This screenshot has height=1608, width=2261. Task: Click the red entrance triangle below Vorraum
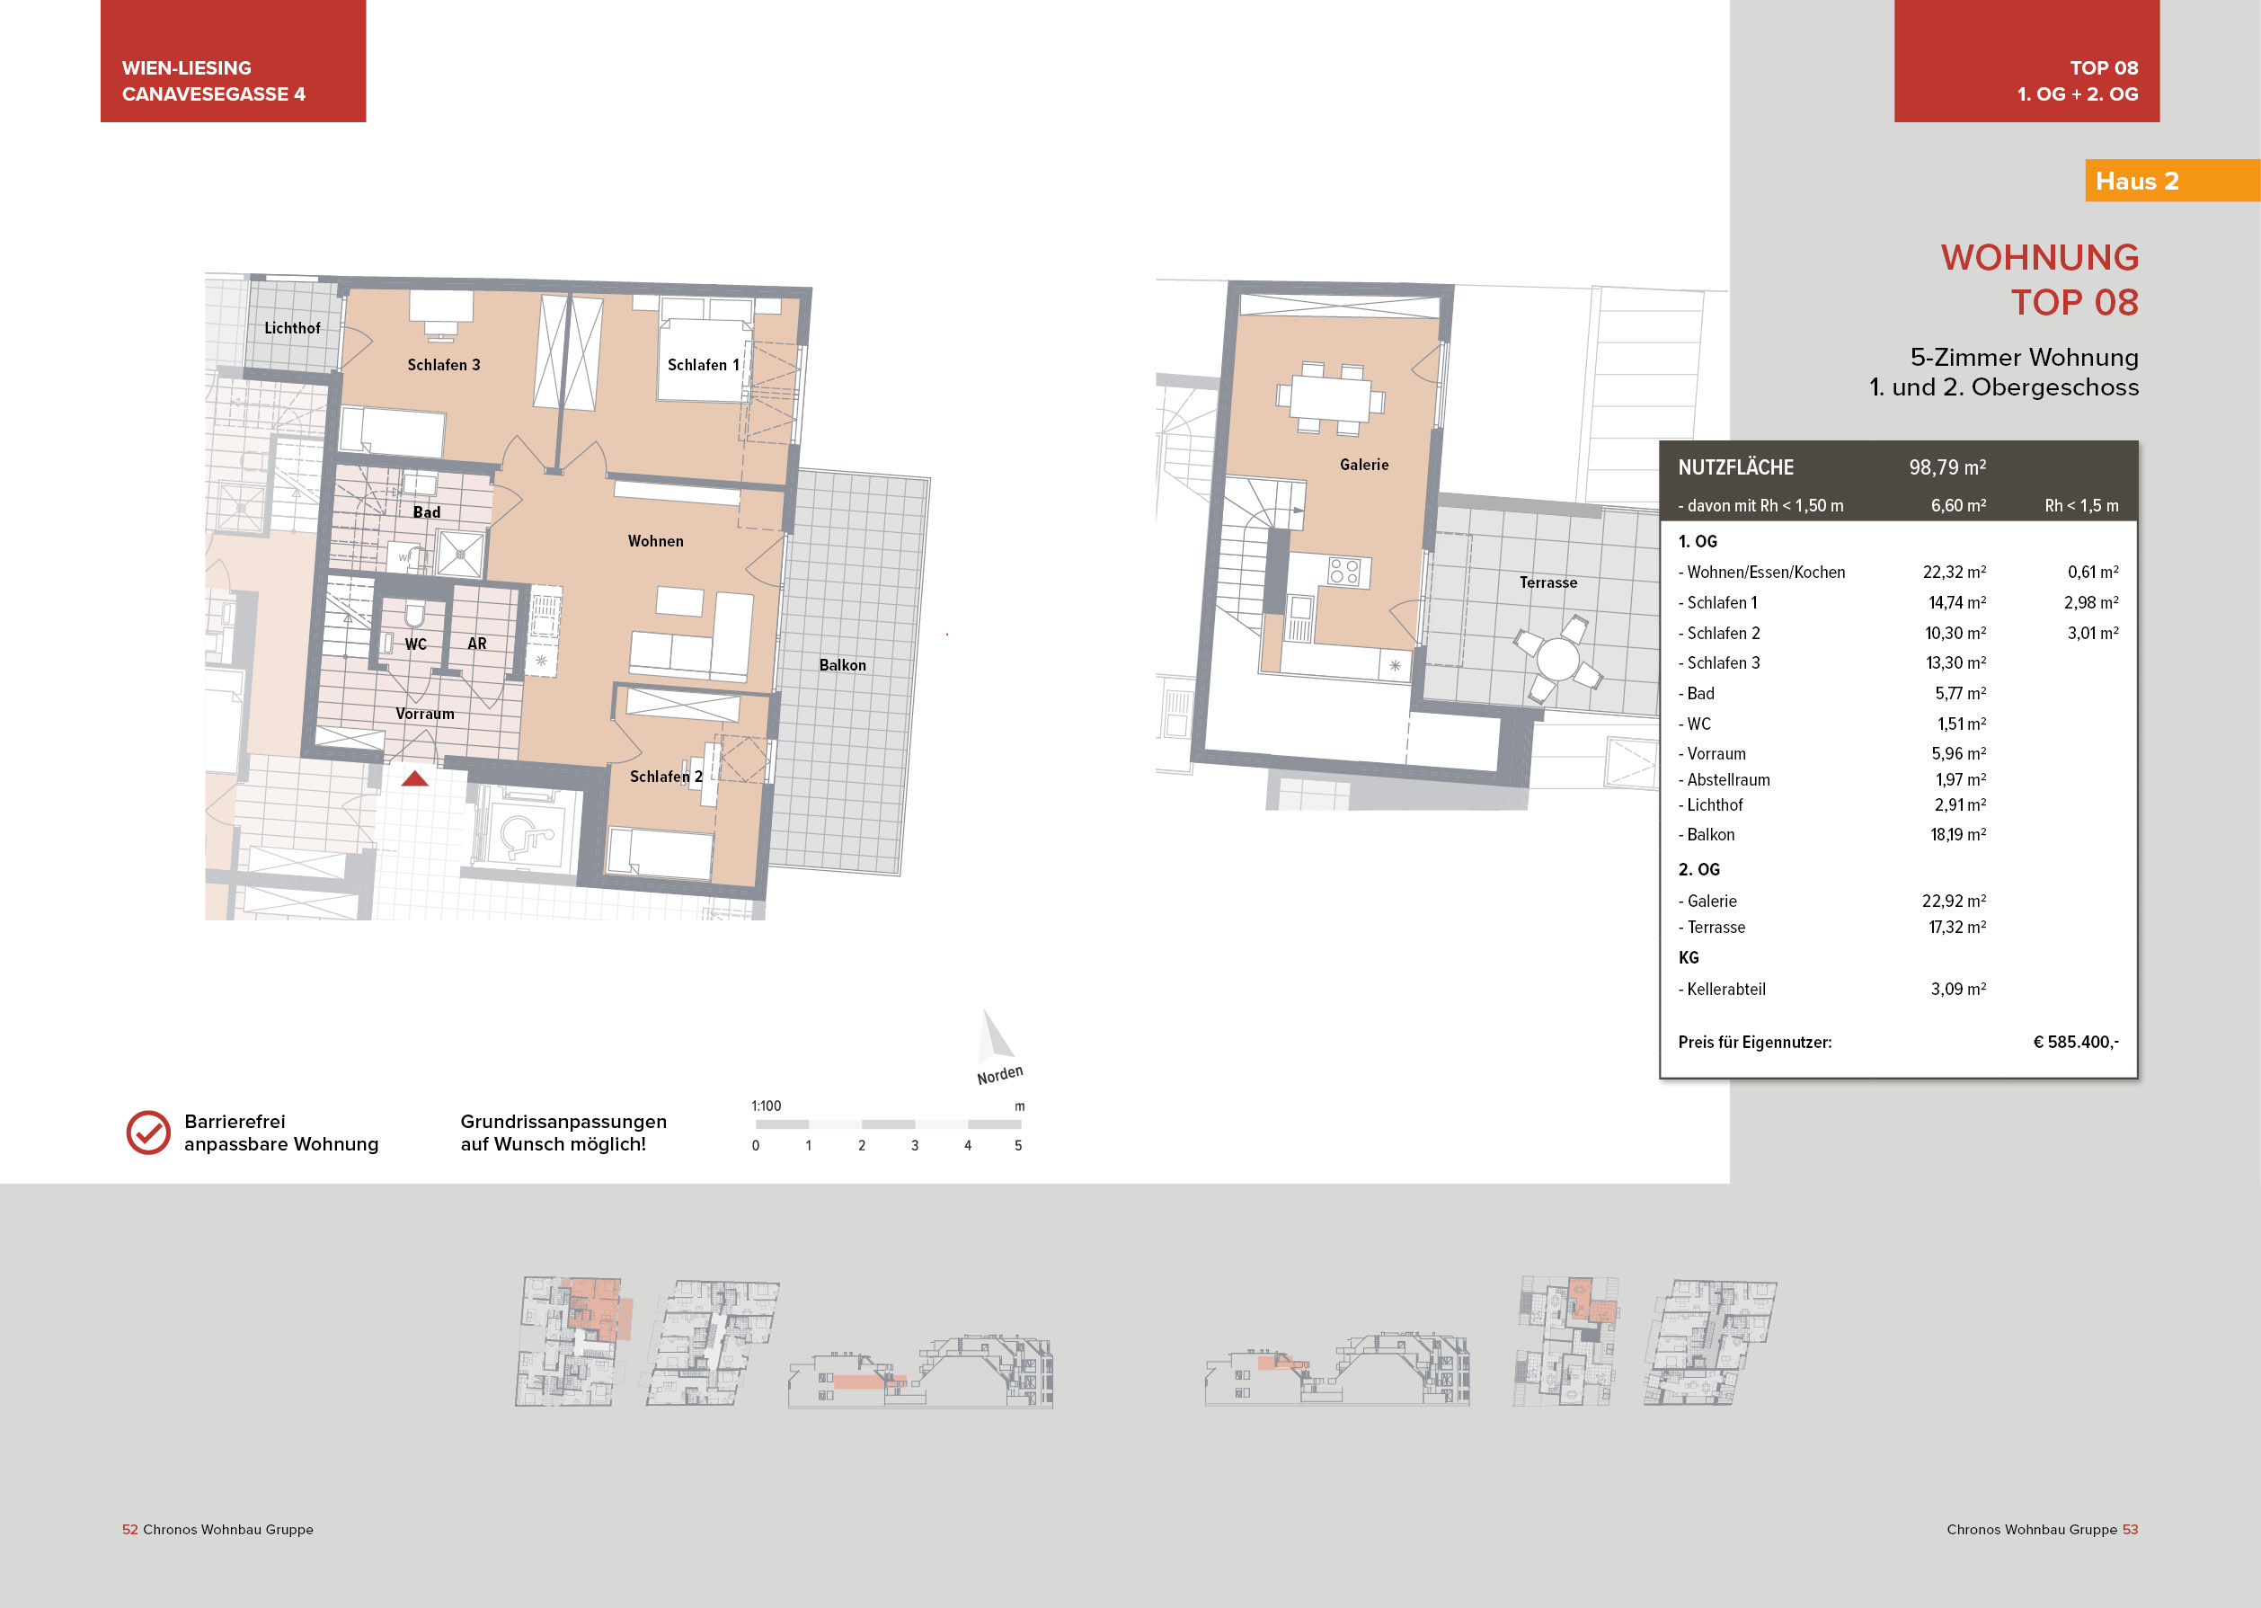415,779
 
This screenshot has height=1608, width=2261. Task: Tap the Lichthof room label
292,328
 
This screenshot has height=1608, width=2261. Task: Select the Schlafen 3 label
444,364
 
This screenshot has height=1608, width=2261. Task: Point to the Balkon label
842,665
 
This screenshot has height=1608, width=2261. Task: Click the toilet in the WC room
413,615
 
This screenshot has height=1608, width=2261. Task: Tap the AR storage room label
477,644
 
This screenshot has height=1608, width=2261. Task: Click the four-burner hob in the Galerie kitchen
1344,572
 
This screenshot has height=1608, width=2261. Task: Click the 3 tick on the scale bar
915,1144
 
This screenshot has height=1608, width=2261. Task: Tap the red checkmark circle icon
148,1133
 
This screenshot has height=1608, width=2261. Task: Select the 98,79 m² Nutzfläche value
1947,467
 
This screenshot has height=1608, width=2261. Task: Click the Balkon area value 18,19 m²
1957,835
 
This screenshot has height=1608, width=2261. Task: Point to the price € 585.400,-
2075,1042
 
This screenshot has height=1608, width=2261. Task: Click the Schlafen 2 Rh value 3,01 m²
2092,633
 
